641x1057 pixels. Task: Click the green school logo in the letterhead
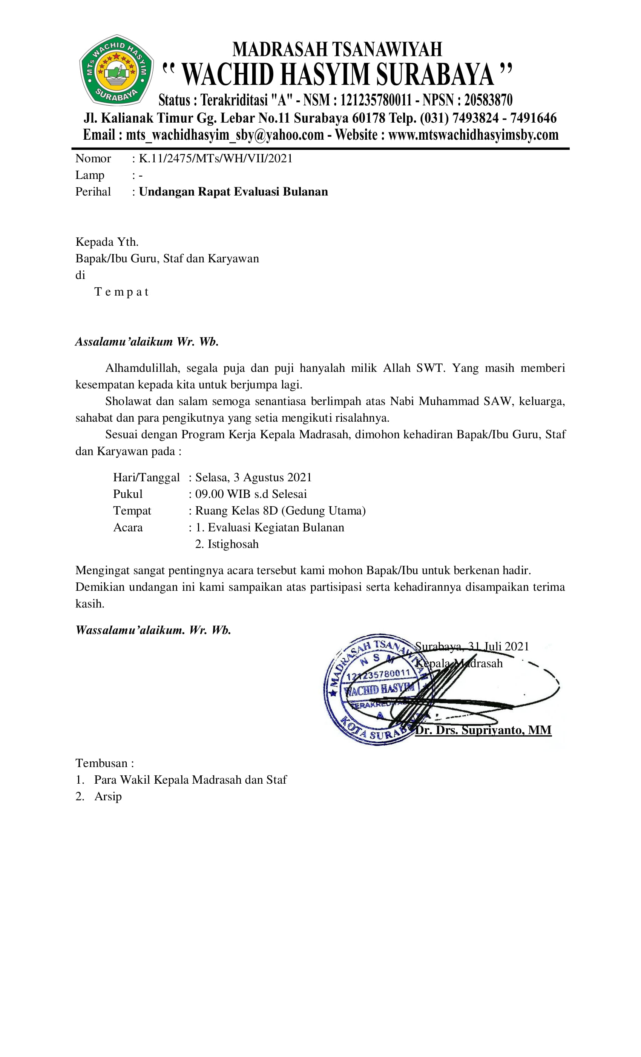pyautogui.click(x=116, y=70)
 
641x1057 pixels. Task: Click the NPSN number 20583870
pyautogui.click(x=488, y=100)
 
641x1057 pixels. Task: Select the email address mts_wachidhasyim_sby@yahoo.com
pyautogui.click(x=224, y=135)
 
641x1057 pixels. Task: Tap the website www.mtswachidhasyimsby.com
pyautogui.click(x=473, y=135)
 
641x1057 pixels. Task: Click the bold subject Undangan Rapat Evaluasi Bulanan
pyautogui.click(x=233, y=191)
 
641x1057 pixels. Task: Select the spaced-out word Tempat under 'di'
pyautogui.click(x=121, y=292)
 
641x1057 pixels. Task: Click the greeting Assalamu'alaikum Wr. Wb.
pyautogui.click(x=147, y=342)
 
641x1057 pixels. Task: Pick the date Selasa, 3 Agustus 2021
pyautogui.click(x=253, y=477)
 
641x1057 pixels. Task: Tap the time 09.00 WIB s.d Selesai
pyautogui.click(x=251, y=494)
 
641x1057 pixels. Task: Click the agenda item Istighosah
pyautogui.click(x=233, y=544)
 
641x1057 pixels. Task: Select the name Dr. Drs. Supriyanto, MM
pyautogui.click(x=483, y=730)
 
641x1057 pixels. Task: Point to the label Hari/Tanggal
pyautogui.click(x=146, y=477)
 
